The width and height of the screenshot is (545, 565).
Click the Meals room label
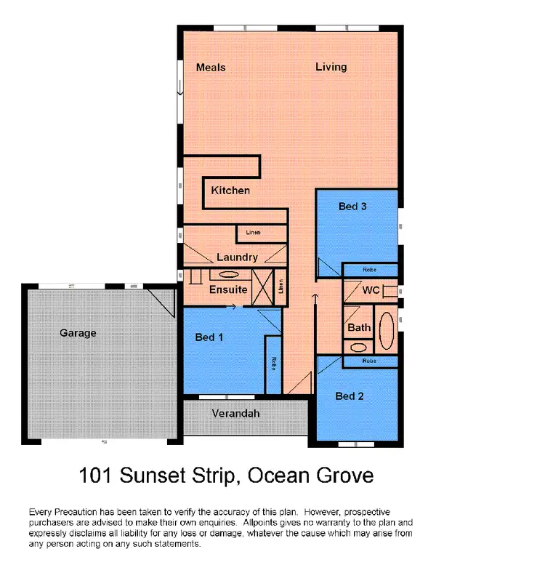click(211, 68)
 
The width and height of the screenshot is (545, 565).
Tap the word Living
click(331, 67)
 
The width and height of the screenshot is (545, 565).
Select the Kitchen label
click(230, 191)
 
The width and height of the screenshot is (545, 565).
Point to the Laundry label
click(237, 257)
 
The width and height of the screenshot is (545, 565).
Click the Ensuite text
click(228, 289)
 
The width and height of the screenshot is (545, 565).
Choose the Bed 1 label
click(210, 337)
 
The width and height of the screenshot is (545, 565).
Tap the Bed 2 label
click(350, 396)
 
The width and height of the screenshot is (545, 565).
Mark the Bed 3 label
click(352, 207)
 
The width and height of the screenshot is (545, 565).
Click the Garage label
click(78, 333)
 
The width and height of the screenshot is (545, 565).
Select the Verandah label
click(235, 413)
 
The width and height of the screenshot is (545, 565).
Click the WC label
click(371, 290)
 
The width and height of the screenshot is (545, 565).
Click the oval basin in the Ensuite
click(227, 275)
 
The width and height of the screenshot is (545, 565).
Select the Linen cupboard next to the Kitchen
click(254, 233)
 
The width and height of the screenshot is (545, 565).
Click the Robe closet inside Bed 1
click(273, 364)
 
